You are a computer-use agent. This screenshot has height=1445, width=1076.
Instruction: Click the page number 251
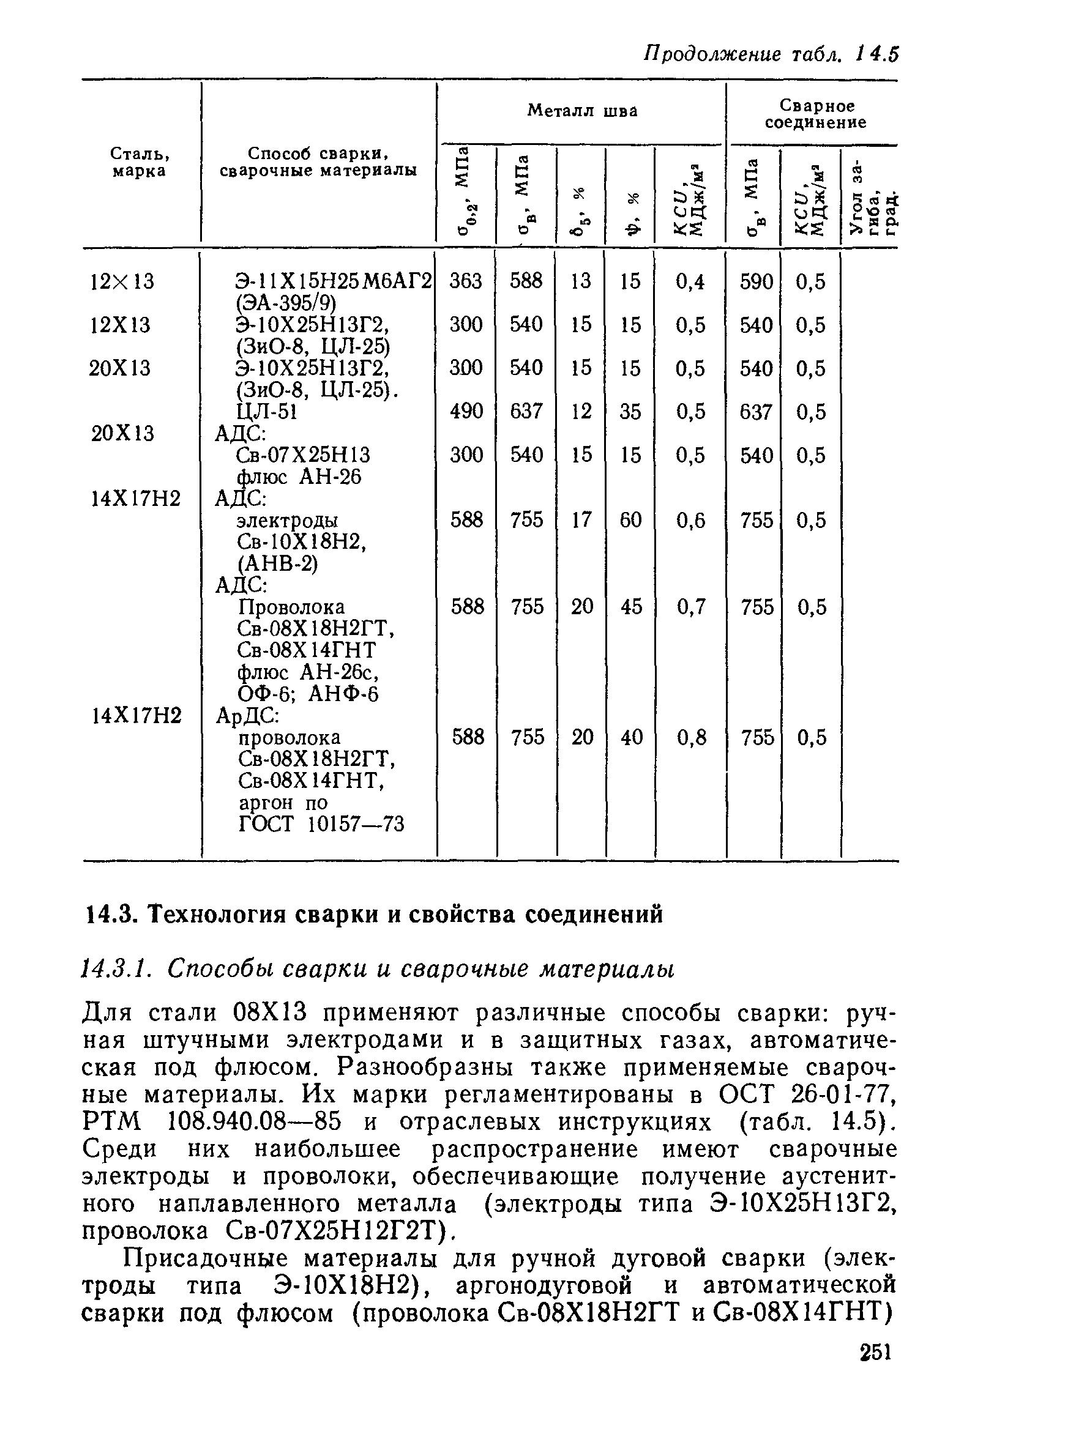click(x=874, y=1351)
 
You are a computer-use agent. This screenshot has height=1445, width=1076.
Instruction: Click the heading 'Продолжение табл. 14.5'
click(x=771, y=54)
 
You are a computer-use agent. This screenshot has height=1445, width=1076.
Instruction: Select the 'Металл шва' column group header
click(x=581, y=111)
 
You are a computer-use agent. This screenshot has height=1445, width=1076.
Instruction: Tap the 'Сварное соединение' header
click(x=815, y=114)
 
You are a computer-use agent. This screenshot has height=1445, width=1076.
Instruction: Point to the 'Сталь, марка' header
click(x=140, y=162)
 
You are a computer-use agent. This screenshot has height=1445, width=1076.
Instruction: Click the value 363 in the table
click(x=466, y=281)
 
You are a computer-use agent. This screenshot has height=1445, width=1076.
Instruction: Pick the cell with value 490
click(x=466, y=411)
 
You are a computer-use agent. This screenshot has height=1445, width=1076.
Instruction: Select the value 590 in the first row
click(x=755, y=282)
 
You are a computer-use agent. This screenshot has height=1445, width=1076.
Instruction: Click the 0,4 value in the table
click(x=690, y=282)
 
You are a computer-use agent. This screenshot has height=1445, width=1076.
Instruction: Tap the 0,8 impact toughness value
click(x=691, y=737)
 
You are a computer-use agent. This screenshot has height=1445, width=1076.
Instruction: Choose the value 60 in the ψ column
click(x=630, y=520)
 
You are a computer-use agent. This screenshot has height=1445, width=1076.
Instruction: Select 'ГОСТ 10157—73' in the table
click(x=322, y=825)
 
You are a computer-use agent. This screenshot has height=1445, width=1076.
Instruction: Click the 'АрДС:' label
click(x=247, y=716)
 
